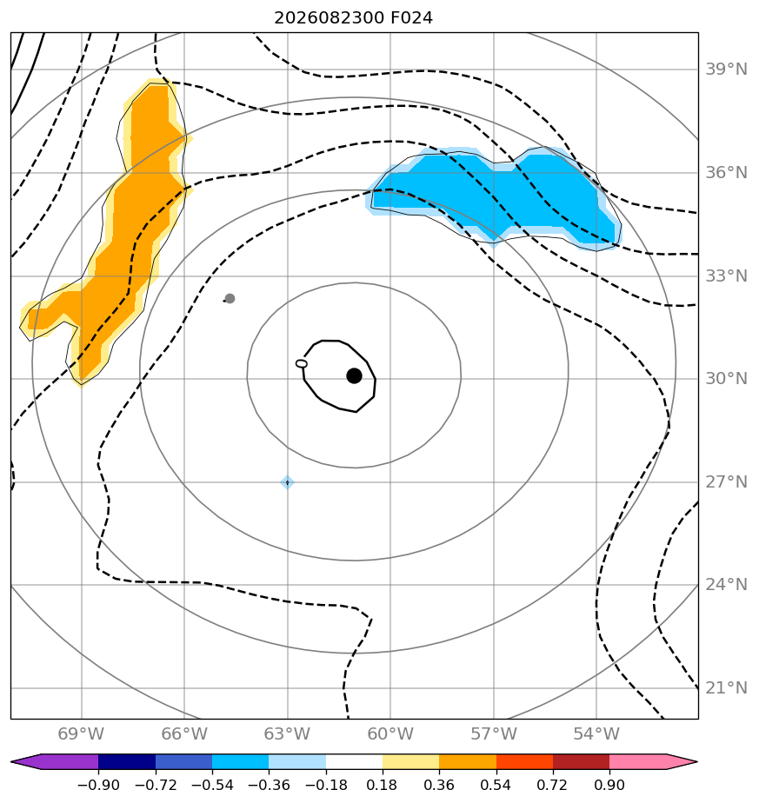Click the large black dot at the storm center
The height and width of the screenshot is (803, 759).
coord(354,376)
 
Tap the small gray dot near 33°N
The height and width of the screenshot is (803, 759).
coord(230,299)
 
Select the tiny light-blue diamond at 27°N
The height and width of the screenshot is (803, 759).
coord(288,482)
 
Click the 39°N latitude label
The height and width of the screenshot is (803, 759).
coord(726,70)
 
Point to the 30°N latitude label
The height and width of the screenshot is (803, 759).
coord(726,378)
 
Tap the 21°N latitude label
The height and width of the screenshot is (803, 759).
coord(726,687)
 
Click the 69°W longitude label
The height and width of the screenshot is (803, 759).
coord(81,733)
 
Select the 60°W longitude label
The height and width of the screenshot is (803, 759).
coord(390,733)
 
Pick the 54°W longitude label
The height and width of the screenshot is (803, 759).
coord(596,733)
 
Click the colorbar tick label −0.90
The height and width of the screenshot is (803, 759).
coord(98,785)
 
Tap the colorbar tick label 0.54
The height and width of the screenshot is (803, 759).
coord(496,785)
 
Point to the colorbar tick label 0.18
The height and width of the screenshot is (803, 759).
coord(383,785)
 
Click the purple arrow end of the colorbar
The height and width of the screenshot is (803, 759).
coord(25,761)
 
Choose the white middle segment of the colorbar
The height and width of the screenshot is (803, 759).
coord(354,761)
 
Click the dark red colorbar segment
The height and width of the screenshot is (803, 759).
coord(581,761)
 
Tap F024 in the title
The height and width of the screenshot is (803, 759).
coord(411,18)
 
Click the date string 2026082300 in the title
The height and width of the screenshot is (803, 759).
coord(329,18)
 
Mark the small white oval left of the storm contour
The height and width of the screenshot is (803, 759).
coord(302,363)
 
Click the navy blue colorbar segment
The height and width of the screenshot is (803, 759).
coord(127,761)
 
